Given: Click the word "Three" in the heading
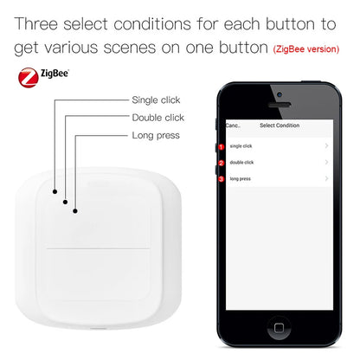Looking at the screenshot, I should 41,22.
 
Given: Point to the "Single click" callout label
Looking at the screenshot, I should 156,100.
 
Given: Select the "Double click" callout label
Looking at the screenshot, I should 158,118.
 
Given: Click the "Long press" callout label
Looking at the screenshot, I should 156,136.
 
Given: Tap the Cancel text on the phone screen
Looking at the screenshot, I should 233,125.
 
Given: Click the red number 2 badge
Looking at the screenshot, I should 222,162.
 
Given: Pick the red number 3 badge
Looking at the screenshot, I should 222,178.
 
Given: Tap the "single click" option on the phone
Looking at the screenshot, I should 242,146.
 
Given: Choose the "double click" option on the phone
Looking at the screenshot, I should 243,162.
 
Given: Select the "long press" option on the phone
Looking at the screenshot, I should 241,178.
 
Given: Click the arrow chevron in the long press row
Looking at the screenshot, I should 326,178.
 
